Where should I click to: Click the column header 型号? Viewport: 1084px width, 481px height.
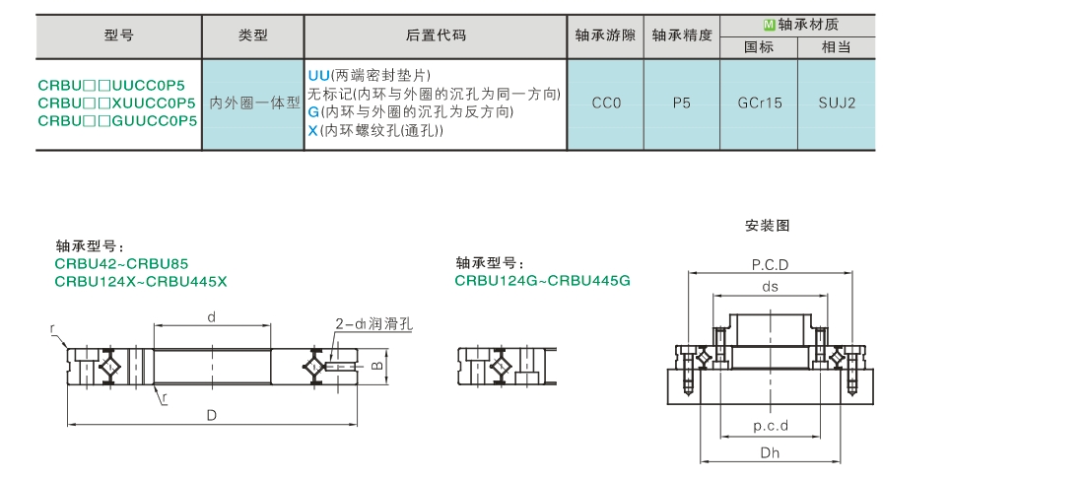pyautogui.click(x=118, y=35)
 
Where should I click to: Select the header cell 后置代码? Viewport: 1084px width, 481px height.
pyautogui.click(x=436, y=35)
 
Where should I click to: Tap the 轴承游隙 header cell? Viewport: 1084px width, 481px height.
pyautogui.click(x=605, y=35)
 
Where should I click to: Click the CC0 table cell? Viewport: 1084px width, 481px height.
pyautogui.click(x=606, y=103)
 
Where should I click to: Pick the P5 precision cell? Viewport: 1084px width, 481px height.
pyautogui.click(x=682, y=103)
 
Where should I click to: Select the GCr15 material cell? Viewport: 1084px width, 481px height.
pyautogui.click(x=759, y=103)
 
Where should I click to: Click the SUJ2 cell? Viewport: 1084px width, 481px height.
pyautogui.click(x=837, y=103)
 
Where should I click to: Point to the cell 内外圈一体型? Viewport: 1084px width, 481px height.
pyautogui.click(x=253, y=103)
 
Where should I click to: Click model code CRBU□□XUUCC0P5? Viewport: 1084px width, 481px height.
pyautogui.click(x=117, y=103)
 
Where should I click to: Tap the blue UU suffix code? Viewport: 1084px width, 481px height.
pyautogui.click(x=318, y=75)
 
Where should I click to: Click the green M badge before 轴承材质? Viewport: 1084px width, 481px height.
pyautogui.click(x=768, y=25)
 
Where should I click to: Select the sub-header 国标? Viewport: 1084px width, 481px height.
pyautogui.click(x=759, y=47)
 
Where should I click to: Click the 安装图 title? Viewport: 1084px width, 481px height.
pyautogui.click(x=768, y=226)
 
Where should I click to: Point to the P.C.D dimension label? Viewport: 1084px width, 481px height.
pyautogui.click(x=770, y=265)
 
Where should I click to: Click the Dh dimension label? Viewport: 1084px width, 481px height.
pyautogui.click(x=771, y=453)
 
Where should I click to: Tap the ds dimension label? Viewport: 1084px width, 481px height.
pyautogui.click(x=770, y=286)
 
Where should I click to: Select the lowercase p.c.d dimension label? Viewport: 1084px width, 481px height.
pyautogui.click(x=771, y=426)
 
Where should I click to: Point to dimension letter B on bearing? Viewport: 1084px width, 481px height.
pyautogui.click(x=376, y=365)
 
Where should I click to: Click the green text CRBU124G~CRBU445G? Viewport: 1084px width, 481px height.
pyautogui.click(x=543, y=281)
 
